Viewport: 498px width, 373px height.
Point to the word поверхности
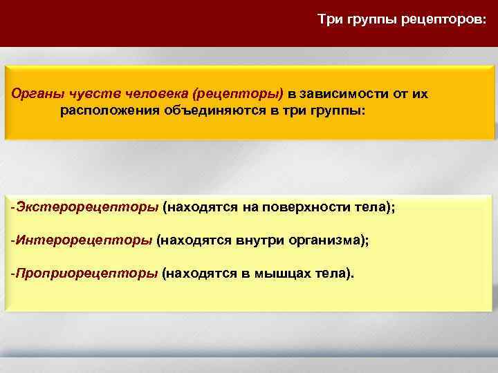[x=316, y=207]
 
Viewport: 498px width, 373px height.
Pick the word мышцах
[x=271, y=273]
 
